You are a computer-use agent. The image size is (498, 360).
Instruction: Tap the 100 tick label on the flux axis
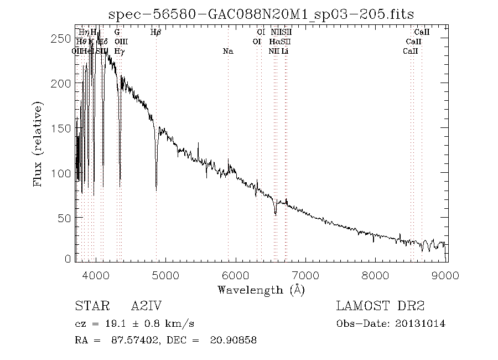pyautogui.click(x=63, y=173)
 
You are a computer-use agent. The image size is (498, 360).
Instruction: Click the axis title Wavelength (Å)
pyautogui.click(x=261, y=290)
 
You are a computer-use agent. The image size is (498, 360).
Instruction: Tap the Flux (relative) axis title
pyautogui.click(x=39, y=144)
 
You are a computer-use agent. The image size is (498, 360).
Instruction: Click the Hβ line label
pyautogui.click(x=156, y=33)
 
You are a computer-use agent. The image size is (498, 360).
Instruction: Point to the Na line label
pyautogui.click(x=228, y=52)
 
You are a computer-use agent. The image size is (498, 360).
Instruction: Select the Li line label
pyautogui.click(x=284, y=52)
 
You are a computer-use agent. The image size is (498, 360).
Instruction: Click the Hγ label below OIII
pyautogui.click(x=119, y=52)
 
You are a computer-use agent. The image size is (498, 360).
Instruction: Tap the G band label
pyautogui.click(x=117, y=33)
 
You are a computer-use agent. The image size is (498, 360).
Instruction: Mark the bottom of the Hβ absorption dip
pyautogui.click(x=156, y=190)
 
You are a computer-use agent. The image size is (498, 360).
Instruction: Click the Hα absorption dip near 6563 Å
pyautogui.click(x=275, y=213)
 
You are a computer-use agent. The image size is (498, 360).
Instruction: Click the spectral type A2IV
pyautogui.click(x=146, y=306)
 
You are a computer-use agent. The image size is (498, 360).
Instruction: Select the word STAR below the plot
pyautogui.click(x=91, y=306)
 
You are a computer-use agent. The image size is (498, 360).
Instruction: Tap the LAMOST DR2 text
pyautogui.click(x=380, y=306)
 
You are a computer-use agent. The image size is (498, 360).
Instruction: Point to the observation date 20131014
pyautogui.click(x=421, y=323)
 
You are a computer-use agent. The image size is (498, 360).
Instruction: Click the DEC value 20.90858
pyautogui.click(x=233, y=340)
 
